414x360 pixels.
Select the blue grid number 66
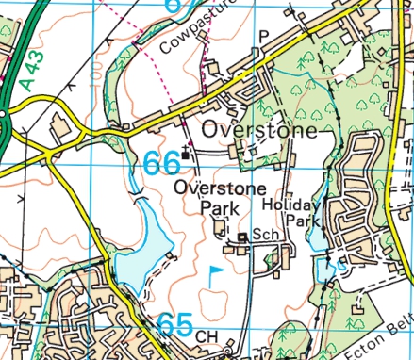click(162, 163)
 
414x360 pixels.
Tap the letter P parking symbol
click(263, 36)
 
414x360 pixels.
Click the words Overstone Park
click(208, 198)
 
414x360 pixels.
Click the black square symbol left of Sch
click(242, 237)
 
